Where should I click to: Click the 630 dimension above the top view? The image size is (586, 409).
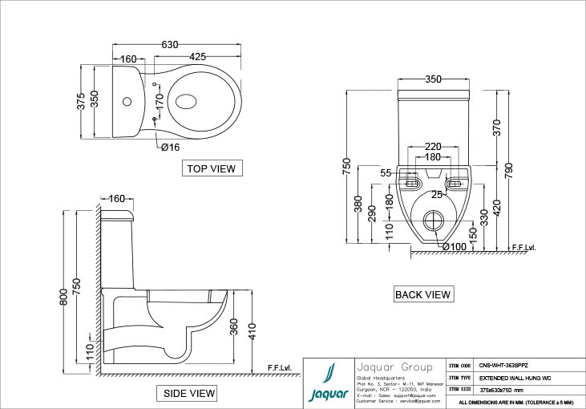coord(170,45)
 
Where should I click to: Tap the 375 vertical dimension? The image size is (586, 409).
coord(81,100)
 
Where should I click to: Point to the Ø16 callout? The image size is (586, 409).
coord(170,147)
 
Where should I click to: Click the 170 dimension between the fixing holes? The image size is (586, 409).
coord(160,101)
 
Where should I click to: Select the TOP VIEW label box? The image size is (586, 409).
coord(212,168)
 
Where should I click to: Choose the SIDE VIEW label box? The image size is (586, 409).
coord(188,393)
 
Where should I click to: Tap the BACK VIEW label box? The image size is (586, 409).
coord(423,294)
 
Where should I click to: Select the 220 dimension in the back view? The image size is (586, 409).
coord(433,146)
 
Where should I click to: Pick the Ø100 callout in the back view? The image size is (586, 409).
coord(454,247)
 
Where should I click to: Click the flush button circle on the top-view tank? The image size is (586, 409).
coord(126,102)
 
